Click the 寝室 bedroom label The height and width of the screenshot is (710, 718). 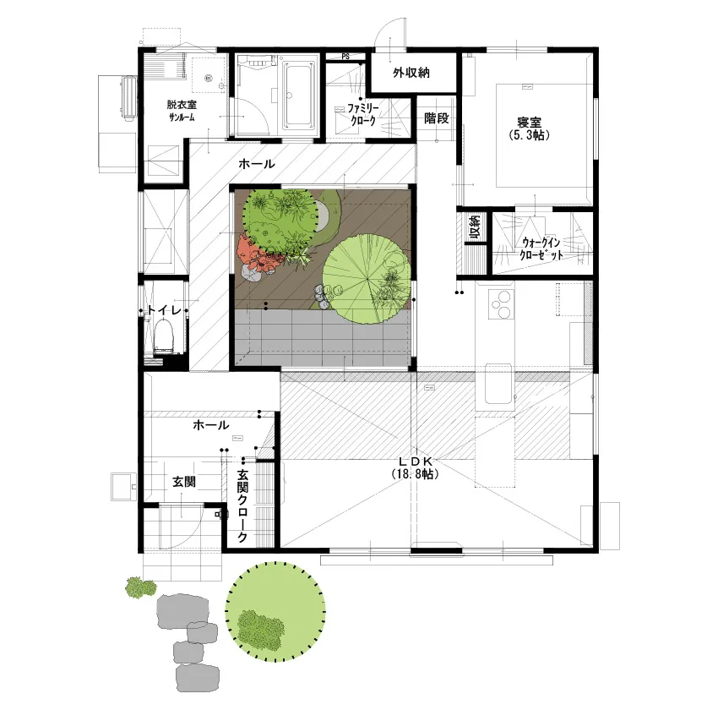pos(530,123)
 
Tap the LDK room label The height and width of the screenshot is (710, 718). pos(416,461)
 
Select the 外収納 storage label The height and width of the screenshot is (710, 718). pos(411,73)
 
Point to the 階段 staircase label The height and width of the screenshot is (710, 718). pos(436,118)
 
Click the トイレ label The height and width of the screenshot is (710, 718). pos(164,310)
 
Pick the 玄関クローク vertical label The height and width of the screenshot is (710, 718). pos(242,505)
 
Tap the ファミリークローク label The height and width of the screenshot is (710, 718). pos(363,114)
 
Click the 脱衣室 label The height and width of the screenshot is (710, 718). pos(182,105)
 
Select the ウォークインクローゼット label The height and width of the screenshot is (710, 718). pos(541,248)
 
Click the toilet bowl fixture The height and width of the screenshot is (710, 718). pos(164,336)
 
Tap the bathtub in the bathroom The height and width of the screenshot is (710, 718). pos(300,96)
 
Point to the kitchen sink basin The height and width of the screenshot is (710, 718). pos(498,384)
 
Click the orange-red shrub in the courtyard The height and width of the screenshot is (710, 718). pos(258,258)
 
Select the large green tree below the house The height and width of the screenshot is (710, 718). pos(275,612)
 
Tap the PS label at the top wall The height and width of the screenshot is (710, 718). pos(345,57)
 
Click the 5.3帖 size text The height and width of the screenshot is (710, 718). pos(530,135)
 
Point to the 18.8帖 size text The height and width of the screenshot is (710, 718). pos(416,473)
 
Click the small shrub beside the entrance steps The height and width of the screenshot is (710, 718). pos(141,587)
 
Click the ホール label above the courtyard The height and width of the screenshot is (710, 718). pos(257,163)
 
